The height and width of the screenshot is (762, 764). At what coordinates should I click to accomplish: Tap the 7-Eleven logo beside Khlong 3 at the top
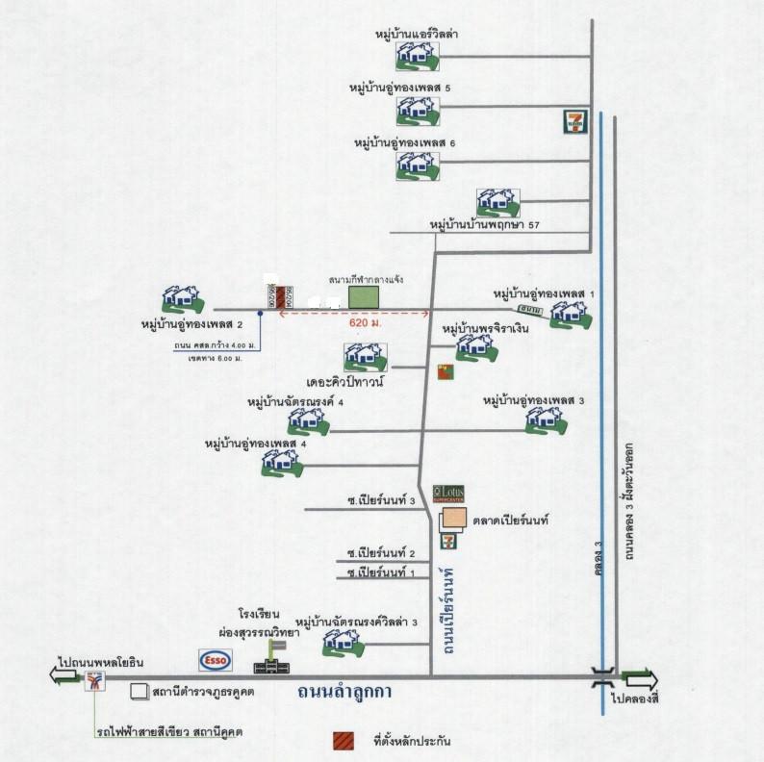pyautogui.click(x=573, y=121)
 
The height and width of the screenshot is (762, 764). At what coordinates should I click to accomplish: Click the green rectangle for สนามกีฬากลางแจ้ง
pyautogui.click(x=364, y=295)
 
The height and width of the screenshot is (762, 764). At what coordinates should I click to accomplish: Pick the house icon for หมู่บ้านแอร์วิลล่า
pyautogui.click(x=418, y=55)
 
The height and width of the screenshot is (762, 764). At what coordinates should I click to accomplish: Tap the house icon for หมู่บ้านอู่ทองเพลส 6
pyautogui.click(x=418, y=165)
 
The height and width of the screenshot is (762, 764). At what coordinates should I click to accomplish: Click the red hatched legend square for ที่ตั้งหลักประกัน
pyautogui.click(x=342, y=742)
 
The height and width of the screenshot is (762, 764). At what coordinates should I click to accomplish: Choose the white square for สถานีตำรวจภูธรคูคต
pyautogui.click(x=140, y=691)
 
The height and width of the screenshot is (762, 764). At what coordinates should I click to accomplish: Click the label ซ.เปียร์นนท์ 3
pyautogui.click(x=381, y=501)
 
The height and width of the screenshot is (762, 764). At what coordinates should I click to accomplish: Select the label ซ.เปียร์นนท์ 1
pyautogui.click(x=381, y=573)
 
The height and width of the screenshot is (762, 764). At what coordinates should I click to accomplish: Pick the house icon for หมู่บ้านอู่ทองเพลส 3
pyautogui.click(x=545, y=419)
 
